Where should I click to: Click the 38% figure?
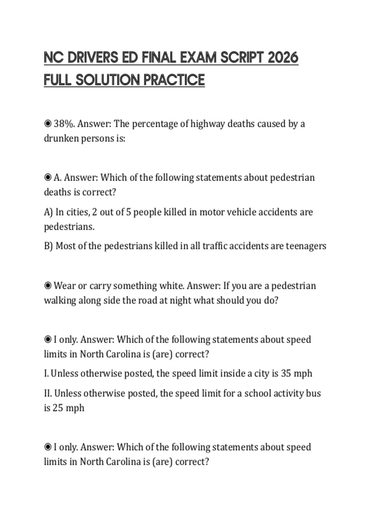[64, 124]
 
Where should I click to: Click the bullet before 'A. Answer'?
[48, 178]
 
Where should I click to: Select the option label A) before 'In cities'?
[49, 212]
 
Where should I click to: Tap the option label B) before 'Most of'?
[49, 246]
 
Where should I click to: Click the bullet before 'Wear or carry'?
[48, 286]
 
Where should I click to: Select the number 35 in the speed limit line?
[286, 373]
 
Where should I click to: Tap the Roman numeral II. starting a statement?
[48, 393]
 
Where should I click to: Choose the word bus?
[313, 393]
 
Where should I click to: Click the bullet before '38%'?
[48, 124]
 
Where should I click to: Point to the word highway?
[207, 124]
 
